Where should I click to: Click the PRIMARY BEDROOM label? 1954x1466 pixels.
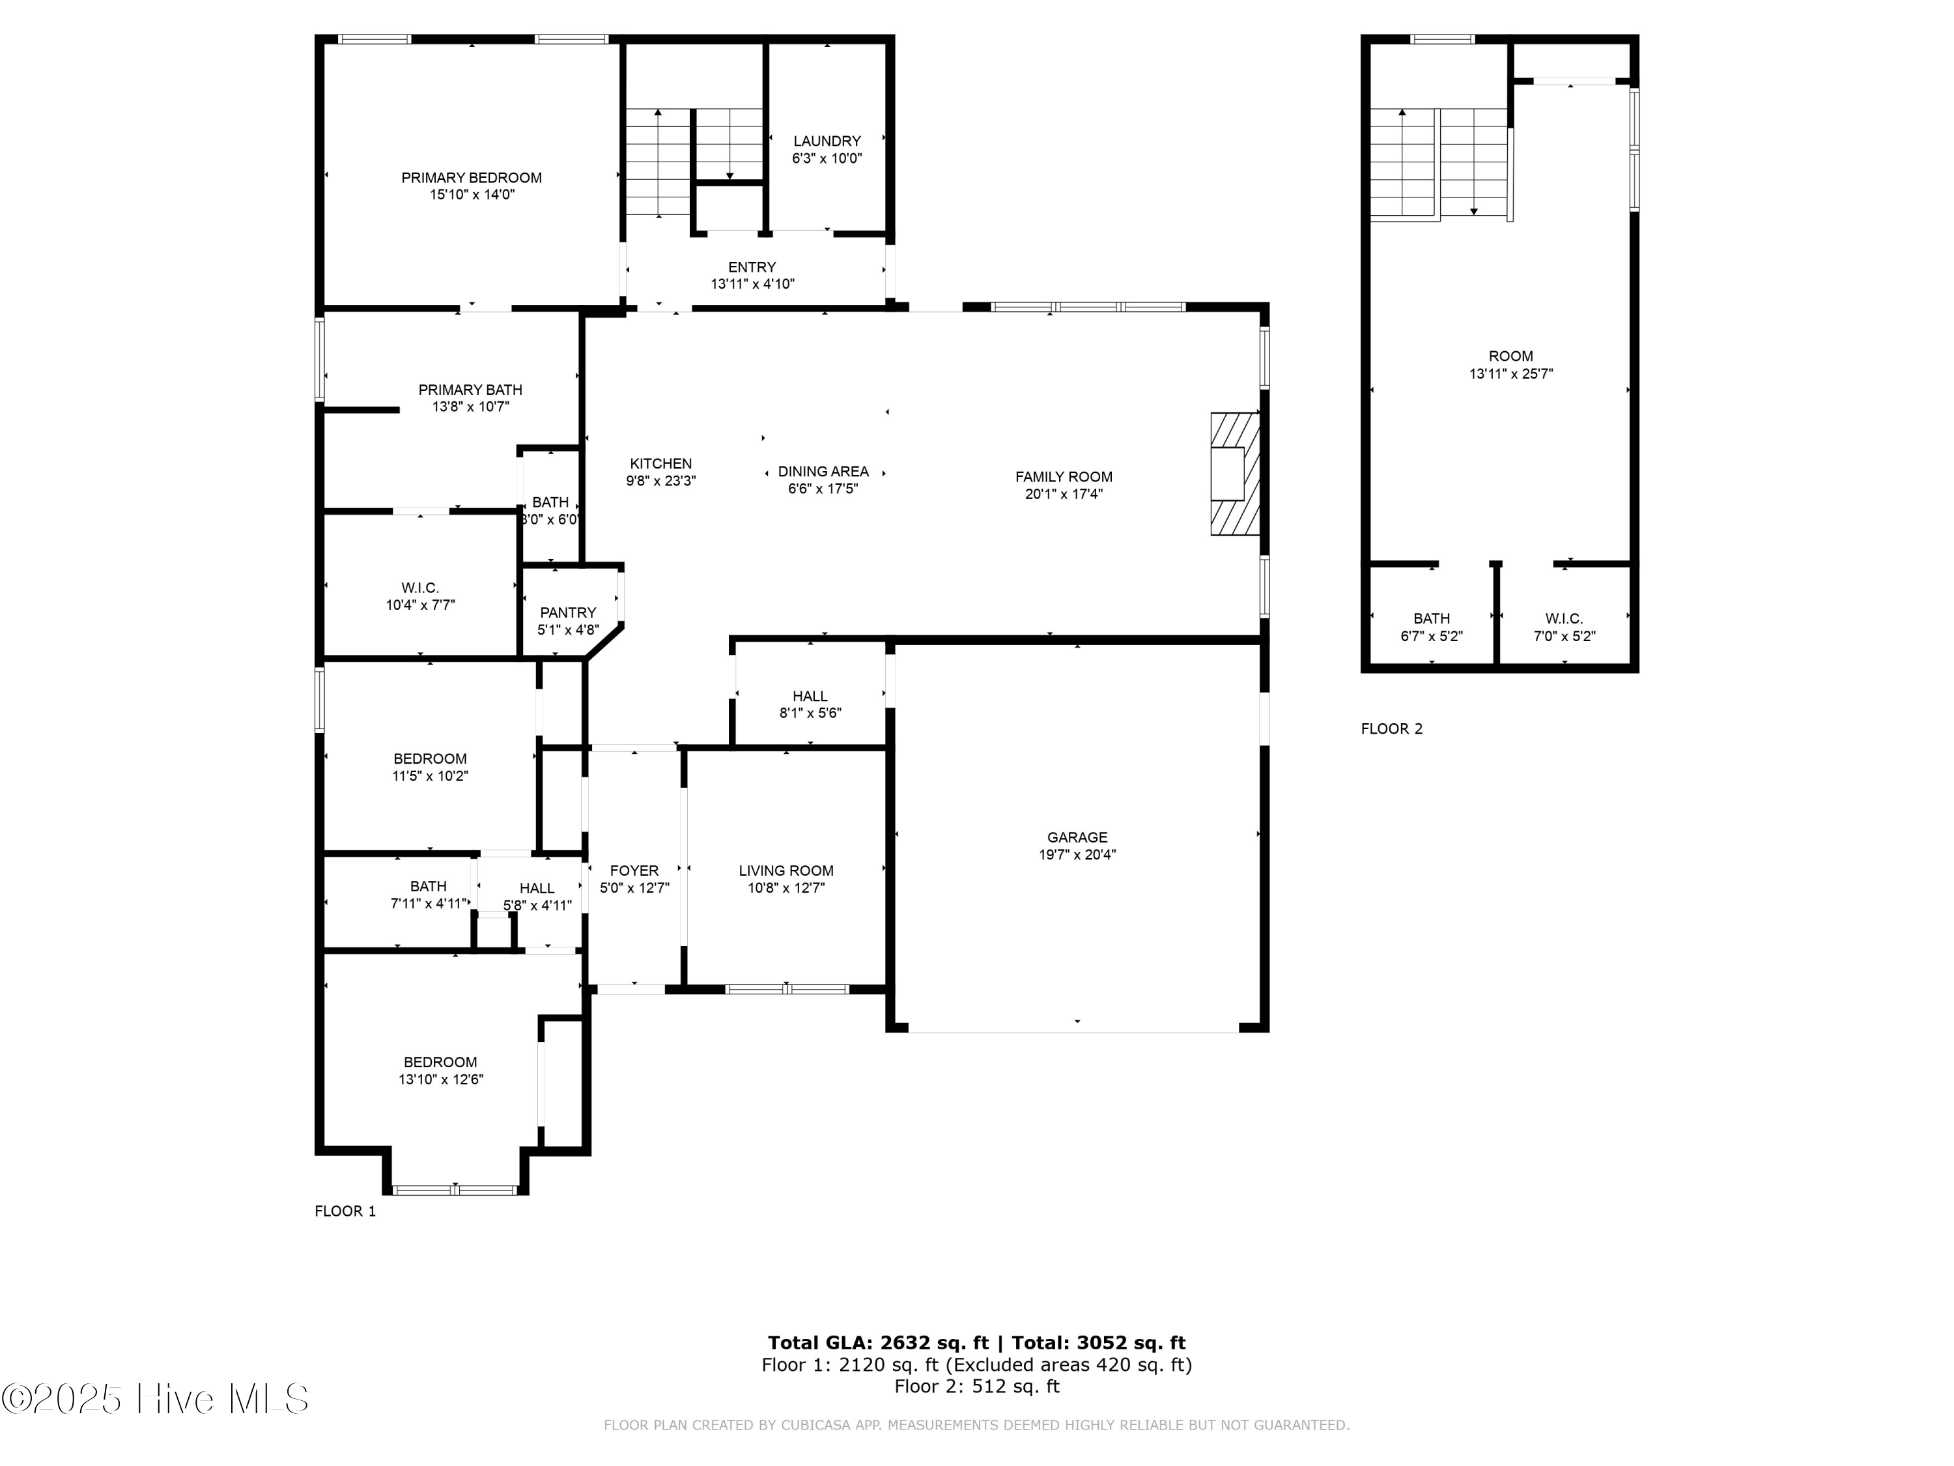coord(471,178)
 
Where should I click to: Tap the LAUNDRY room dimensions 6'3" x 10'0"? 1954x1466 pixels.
coord(826,159)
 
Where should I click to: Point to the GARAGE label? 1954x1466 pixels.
coord(1077,837)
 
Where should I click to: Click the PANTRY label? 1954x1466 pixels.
coord(567,612)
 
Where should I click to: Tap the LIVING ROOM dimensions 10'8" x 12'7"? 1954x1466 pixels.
coord(786,888)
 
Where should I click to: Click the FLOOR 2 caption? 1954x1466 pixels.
coord(1391,729)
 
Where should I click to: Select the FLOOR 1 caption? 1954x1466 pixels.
coord(345,1211)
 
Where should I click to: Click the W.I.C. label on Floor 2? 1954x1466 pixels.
coord(1564,618)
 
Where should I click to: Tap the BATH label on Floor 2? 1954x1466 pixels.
coord(1431,618)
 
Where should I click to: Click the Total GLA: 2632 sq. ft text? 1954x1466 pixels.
coord(877,1343)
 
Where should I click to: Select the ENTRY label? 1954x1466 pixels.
coord(752,267)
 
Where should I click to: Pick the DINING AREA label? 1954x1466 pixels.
coord(823,472)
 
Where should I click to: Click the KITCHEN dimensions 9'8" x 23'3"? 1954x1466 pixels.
coord(660,481)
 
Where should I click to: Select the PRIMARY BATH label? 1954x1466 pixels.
coord(470,390)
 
